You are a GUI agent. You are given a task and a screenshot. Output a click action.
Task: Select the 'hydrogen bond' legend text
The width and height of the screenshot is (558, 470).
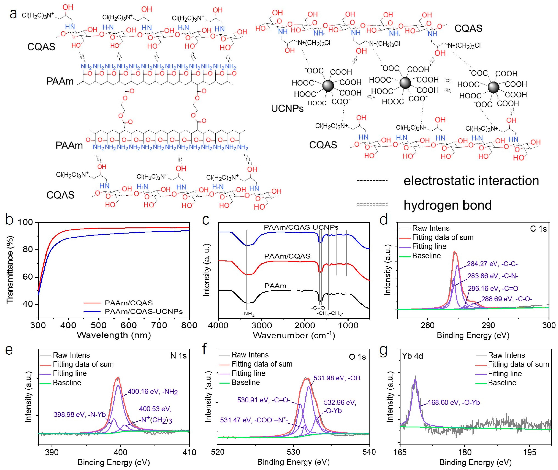click(x=448, y=205)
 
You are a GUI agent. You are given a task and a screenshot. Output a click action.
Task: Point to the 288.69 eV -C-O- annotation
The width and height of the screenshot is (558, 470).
click(x=507, y=299)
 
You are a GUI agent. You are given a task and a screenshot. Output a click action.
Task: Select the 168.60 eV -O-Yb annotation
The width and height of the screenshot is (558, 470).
click(x=454, y=402)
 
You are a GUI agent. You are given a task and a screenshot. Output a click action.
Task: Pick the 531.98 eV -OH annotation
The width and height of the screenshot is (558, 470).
click(x=337, y=378)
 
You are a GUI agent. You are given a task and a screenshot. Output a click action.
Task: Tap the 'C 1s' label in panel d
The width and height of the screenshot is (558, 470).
click(x=538, y=229)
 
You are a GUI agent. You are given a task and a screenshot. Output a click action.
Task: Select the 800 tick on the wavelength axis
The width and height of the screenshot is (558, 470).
click(x=189, y=325)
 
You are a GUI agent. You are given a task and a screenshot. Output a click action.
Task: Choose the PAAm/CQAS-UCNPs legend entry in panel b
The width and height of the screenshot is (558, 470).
click(x=143, y=311)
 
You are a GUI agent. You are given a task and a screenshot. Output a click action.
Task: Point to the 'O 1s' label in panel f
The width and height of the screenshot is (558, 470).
click(x=357, y=357)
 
